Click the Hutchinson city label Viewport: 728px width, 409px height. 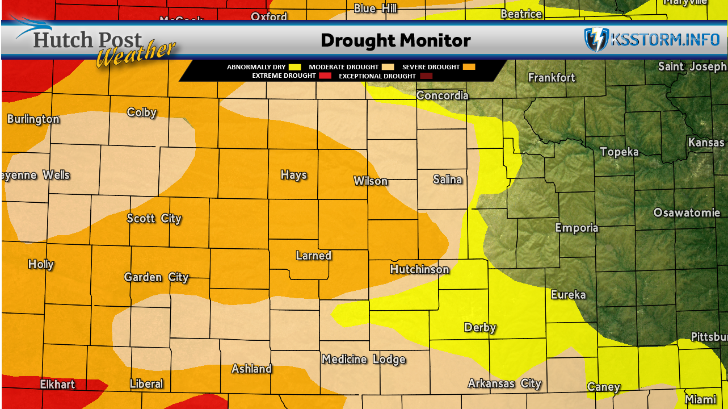[419, 269]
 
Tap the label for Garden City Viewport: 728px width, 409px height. [156, 277]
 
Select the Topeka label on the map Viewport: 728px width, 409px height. [619, 152]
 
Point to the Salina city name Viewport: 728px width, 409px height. [447, 180]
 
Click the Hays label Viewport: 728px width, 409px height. [293, 175]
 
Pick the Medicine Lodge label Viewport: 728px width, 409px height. [363, 359]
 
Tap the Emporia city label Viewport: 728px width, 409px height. [576, 228]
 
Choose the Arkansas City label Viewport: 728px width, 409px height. [504, 384]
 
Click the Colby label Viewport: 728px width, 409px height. [142, 112]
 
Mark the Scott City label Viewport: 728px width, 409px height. [154, 218]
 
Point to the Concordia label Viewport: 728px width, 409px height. [442, 95]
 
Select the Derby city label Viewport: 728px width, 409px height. [480, 327]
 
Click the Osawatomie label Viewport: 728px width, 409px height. [687, 213]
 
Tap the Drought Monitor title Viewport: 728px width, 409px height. [395, 40]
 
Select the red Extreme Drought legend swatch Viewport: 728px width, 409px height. [325, 76]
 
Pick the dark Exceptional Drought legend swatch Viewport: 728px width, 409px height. [426, 76]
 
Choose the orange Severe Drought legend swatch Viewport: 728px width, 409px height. [469, 67]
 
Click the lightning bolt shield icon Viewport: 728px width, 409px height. [596, 40]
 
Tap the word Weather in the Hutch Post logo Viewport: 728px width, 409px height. [135, 55]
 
